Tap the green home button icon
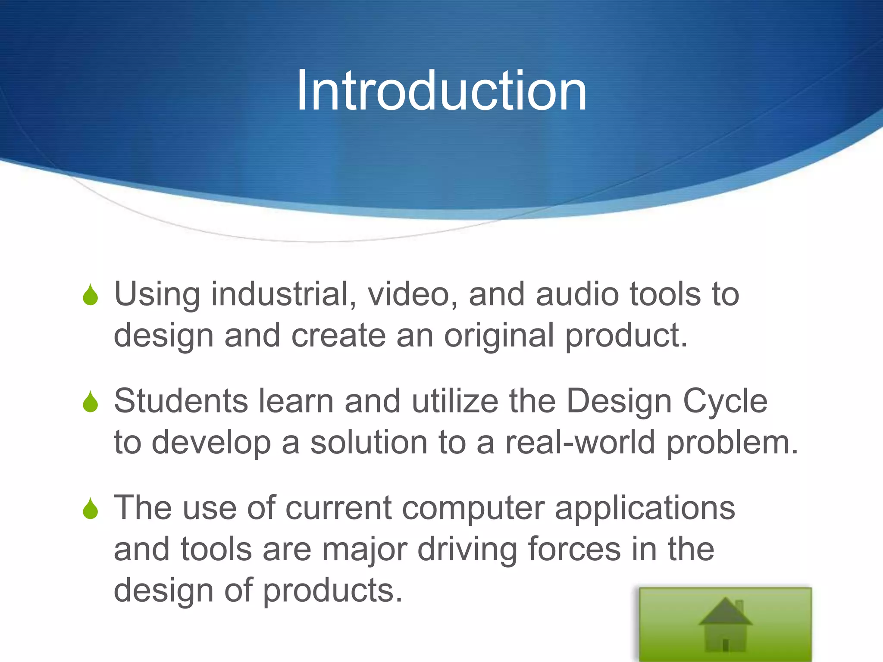coord(725,624)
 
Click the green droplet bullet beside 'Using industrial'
coord(91,295)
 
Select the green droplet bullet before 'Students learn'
coord(91,402)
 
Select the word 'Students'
coord(181,401)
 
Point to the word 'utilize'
coord(455,401)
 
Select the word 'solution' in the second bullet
coord(369,443)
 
